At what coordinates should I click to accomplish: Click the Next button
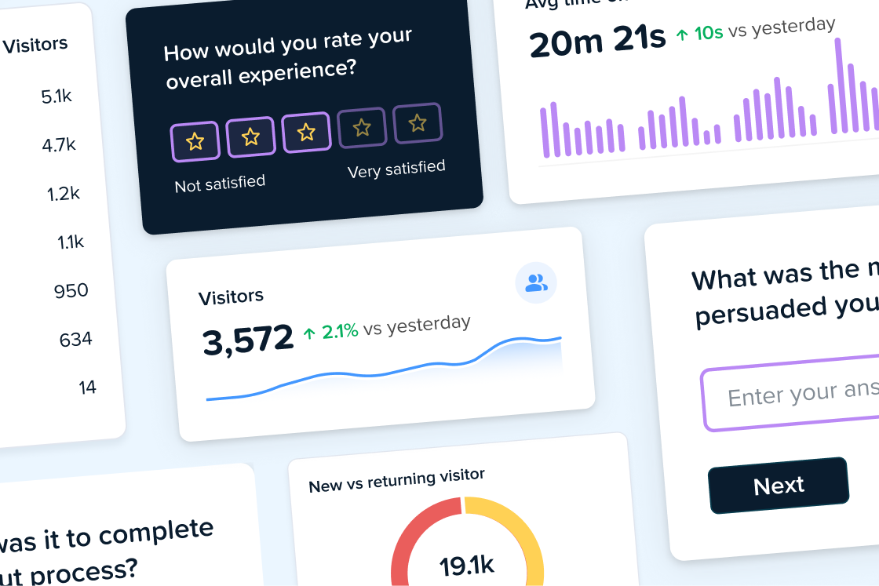779,486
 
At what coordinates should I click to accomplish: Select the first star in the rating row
195,141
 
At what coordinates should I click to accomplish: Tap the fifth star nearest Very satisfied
418,123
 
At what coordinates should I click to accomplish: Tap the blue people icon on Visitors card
536,283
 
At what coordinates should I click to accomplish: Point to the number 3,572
248,340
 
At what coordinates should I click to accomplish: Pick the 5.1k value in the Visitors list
57,96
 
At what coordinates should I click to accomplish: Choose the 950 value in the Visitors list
71,291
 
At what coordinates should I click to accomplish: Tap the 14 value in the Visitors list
87,388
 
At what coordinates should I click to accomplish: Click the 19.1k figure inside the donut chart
466,565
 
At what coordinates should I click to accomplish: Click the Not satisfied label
220,184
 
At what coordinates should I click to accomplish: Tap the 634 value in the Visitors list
76,340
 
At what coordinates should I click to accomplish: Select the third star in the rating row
306,131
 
